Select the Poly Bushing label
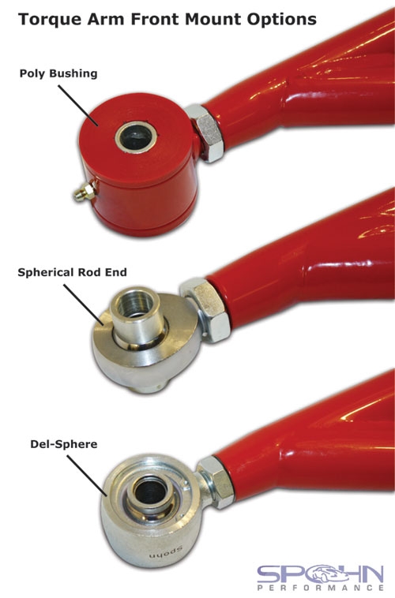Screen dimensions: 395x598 tap(58, 73)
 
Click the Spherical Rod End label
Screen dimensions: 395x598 tap(72, 272)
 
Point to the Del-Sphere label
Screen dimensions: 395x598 tap(64, 444)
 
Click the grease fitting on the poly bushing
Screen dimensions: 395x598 tap(84, 191)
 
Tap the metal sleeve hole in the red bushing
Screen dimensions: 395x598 tap(137, 137)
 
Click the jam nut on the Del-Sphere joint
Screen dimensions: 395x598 tap(216, 481)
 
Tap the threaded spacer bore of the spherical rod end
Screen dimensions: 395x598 tap(135, 302)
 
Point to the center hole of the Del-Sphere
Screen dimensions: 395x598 tap(151, 491)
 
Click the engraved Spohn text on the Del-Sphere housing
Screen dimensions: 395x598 tap(166, 552)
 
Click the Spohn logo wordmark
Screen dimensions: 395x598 tap(320, 574)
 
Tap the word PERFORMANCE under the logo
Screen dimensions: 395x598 tap(320, 589)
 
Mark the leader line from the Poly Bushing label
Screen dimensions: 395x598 tap(78, 106)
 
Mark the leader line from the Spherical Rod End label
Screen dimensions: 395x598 tap(83, 305)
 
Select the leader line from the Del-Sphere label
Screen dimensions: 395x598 tap(87, 476)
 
